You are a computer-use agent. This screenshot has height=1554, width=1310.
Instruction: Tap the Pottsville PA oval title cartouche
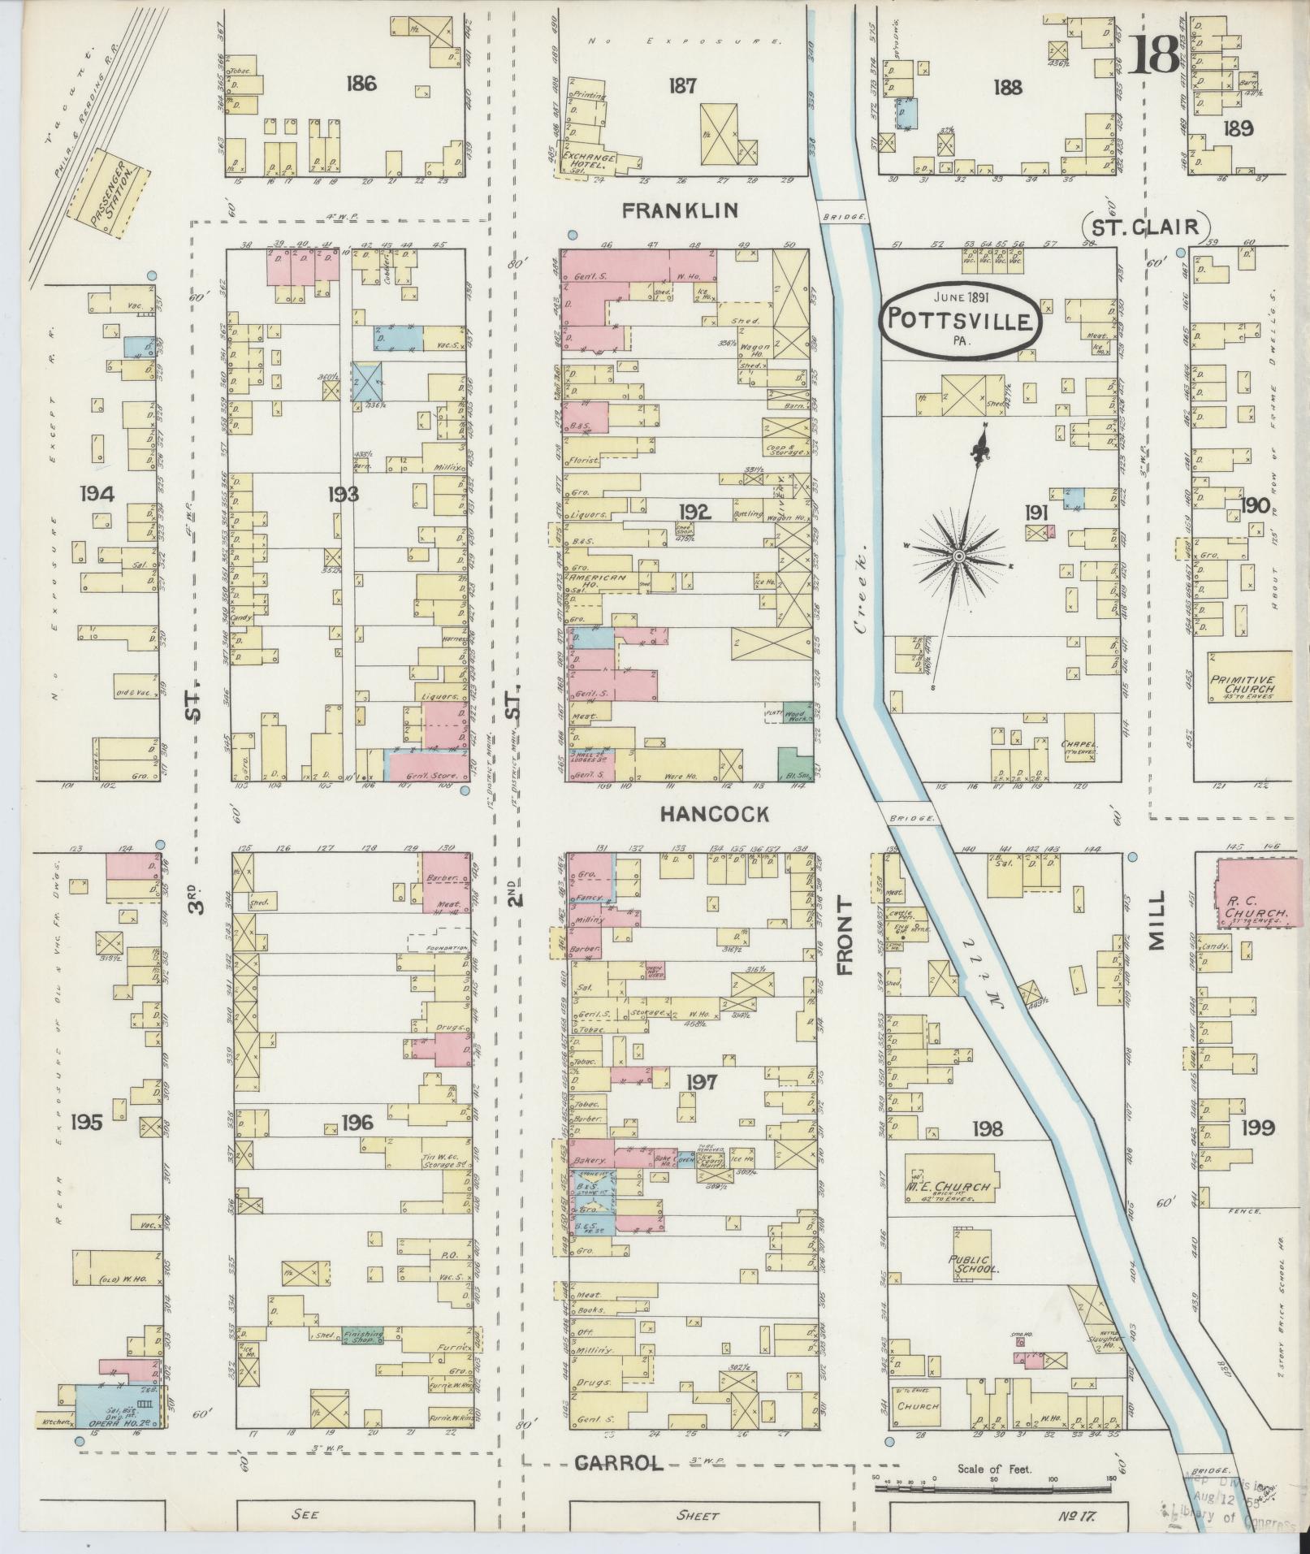(x=959, y=318)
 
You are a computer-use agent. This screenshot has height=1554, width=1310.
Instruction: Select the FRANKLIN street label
(x=680, y=211)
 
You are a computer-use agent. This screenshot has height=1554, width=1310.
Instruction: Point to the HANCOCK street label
(x=714, y=815)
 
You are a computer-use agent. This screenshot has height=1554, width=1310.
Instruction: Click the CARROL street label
(x=620, y=1463)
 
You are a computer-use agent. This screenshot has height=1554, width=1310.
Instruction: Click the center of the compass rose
(x=958, y=556)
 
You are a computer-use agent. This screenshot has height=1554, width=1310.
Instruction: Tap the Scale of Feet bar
(x=992, y=1489)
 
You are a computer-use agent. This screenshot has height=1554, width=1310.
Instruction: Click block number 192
(x=696, y=512)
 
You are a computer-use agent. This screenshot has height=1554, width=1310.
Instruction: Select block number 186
(x=360, y=83)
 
